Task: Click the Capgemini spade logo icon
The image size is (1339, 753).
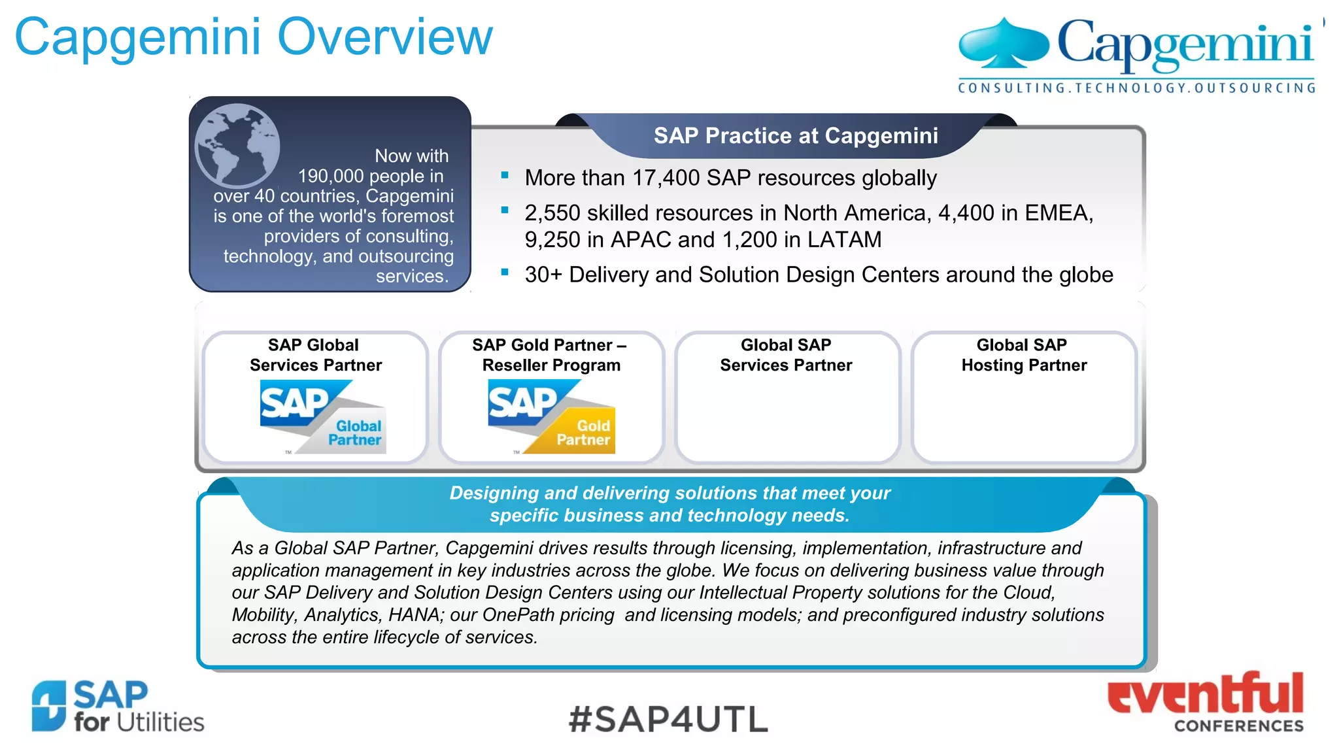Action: coord(1003,44)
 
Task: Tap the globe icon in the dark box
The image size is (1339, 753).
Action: coord(237,145)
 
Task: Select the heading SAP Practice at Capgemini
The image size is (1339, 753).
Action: coord(796,136)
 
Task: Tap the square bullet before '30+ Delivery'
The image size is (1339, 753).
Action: coord(505,272)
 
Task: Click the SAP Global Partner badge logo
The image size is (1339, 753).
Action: coord(323,417)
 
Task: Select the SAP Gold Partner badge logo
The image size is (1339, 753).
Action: coord(551,417)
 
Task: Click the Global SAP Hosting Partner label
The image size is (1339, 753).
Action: coord(1023,355)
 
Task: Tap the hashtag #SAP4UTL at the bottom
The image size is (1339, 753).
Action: coord(668,719)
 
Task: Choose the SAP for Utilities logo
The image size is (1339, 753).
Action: coord(118,707)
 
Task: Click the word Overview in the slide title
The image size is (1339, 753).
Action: coord(385,37)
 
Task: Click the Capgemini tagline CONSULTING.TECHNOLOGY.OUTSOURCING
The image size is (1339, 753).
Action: coord(1136,88)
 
